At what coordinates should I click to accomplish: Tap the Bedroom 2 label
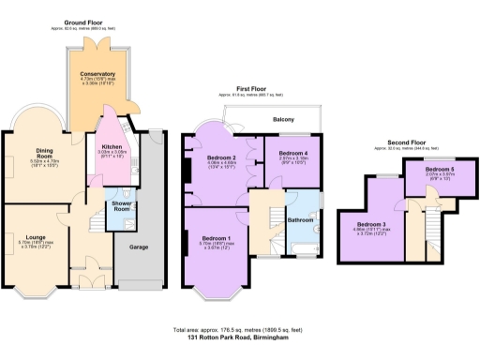[220, 157]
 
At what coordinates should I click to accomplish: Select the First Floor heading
[250, 91]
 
